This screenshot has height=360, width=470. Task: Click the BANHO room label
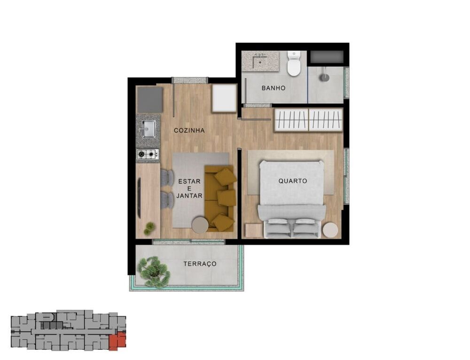(273, 88)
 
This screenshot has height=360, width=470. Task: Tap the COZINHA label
(189, 130)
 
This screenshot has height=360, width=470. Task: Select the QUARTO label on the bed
(292, 180)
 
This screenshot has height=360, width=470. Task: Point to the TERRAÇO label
(200, 264)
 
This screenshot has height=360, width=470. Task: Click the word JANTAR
(189, 196)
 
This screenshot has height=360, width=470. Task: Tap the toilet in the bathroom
(294, 65)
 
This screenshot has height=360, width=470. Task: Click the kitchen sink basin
(149, 128)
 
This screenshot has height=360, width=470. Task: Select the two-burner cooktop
(147, 154)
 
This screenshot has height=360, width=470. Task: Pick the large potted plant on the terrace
(154, 272)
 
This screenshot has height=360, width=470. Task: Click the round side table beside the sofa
(200, 225)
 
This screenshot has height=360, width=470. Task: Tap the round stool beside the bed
(330, 229)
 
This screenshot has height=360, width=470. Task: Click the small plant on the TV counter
(149, 228)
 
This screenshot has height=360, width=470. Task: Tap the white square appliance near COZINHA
(224, 98)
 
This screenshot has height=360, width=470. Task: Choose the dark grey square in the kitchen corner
(150, 99)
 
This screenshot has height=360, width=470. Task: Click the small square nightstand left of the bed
(254, 231)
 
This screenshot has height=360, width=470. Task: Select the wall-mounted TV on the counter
(139, 198)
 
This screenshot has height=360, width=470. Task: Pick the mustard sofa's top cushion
(225, 176)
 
